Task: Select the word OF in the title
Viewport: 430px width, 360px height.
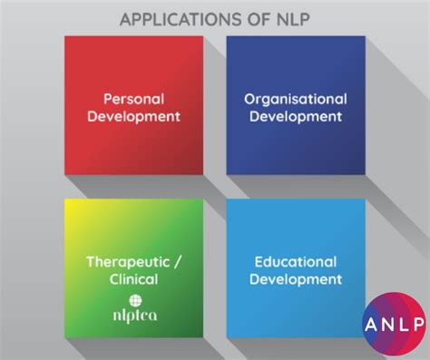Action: pyautogui.click(x=239, y=18)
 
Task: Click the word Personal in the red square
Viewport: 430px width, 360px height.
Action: pyautogui.click(x=133, y=98)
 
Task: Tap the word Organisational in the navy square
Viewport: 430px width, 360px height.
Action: pyautogui.click(x=295, y=98)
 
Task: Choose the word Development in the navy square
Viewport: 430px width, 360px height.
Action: pyautogui.click(x=295, y=116)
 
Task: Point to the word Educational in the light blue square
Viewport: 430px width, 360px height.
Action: pyautogui.click(x=295, y=262)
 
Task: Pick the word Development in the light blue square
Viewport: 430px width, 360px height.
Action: pyautogui.click(x=295, y=279)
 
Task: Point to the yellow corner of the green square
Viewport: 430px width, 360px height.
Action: pyautogui.click(x=72, y=205)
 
